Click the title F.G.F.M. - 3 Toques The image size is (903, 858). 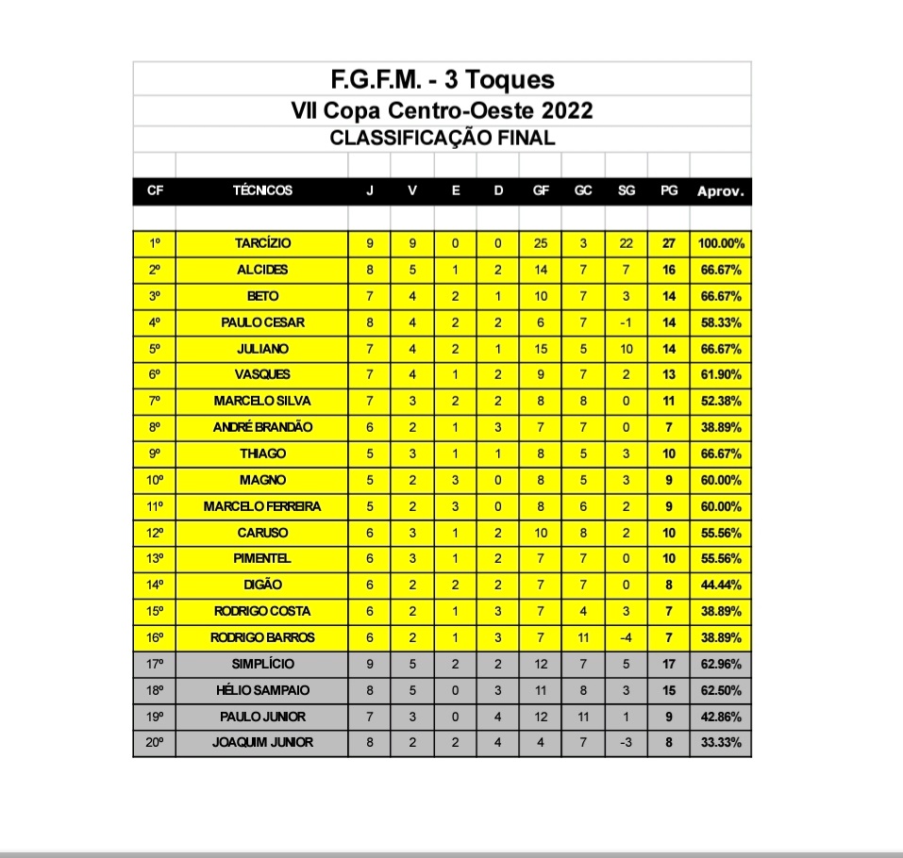(442, 78)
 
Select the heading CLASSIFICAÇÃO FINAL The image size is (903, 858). (442, 138)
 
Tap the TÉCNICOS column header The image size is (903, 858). (262, 190)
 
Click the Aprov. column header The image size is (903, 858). (721, 190)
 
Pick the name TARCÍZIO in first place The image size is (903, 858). (262, 243)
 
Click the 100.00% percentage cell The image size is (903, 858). (721, 243)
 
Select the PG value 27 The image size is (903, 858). (669, 243)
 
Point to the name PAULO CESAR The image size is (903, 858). (262, 322)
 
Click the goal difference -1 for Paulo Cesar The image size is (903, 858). (626, 322)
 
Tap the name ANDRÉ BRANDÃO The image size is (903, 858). (262, 427)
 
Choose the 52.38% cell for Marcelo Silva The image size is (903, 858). (721, 401)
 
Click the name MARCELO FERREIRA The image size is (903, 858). (262, 506)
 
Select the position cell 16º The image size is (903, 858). (155, 637)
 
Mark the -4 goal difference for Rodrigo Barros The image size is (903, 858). (626, 637)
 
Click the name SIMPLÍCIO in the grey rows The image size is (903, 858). (262, 664)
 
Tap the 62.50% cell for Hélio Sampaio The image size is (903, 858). (721, 690)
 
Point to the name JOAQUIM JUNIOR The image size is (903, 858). (262, 742)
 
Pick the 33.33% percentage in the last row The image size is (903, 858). (721, 742)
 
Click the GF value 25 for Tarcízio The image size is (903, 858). (541, 243)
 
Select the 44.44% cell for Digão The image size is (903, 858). (721, 585)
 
